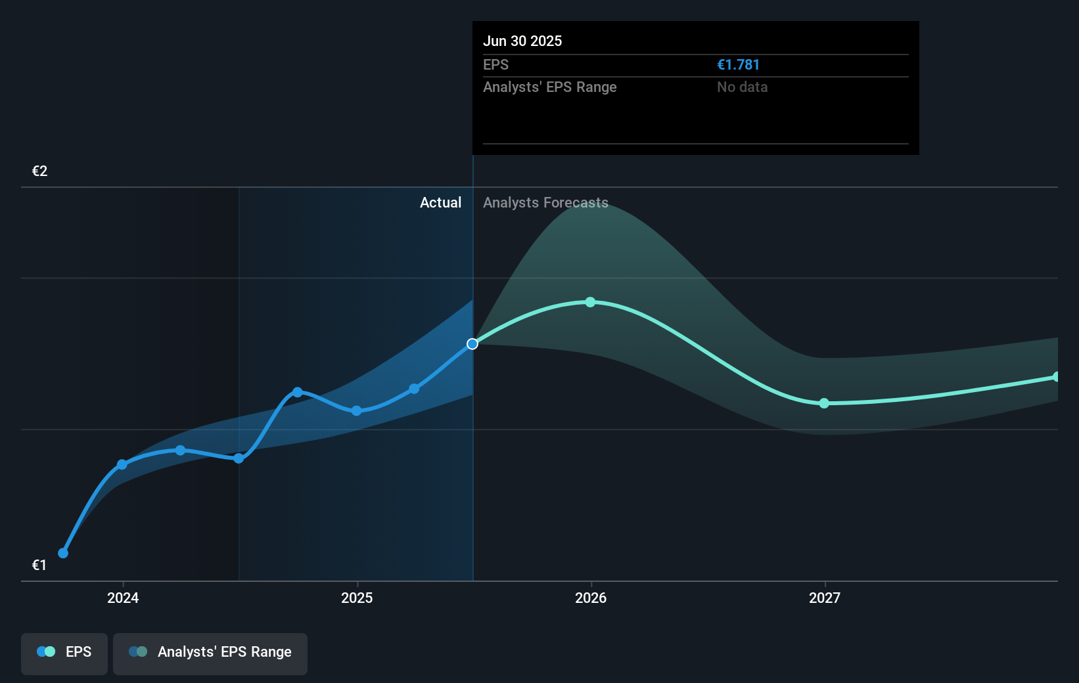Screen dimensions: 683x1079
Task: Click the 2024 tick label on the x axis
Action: pos(123,598)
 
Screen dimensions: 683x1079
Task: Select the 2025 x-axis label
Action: pos(357,598)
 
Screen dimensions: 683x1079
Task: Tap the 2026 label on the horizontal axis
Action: pos(591,598)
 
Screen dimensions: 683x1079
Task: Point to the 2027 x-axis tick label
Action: pos(825,598)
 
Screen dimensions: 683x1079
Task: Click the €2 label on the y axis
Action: pos(39,171)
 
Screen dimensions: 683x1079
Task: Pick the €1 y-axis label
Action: pos(39,565)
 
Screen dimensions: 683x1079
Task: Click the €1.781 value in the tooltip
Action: pos(738,65)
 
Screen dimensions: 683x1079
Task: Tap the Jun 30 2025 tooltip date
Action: pos(522,41)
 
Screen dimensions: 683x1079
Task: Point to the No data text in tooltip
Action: pos(742,87)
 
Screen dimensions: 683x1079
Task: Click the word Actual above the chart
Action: pos(440,203)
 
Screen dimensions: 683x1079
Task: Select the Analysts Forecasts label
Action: pos(545,203)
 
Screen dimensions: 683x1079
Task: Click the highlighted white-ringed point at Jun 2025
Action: pos(472,344)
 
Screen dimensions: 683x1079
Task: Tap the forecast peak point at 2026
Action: pos(590,302)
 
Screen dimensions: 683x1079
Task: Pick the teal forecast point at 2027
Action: pos(824,403)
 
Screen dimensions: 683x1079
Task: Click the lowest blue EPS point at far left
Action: pos(63,553)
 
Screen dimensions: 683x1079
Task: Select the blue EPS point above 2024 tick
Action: pos(122,464)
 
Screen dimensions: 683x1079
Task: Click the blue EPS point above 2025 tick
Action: pos(356,411)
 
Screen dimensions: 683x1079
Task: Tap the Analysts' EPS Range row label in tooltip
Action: pos(549,87)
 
